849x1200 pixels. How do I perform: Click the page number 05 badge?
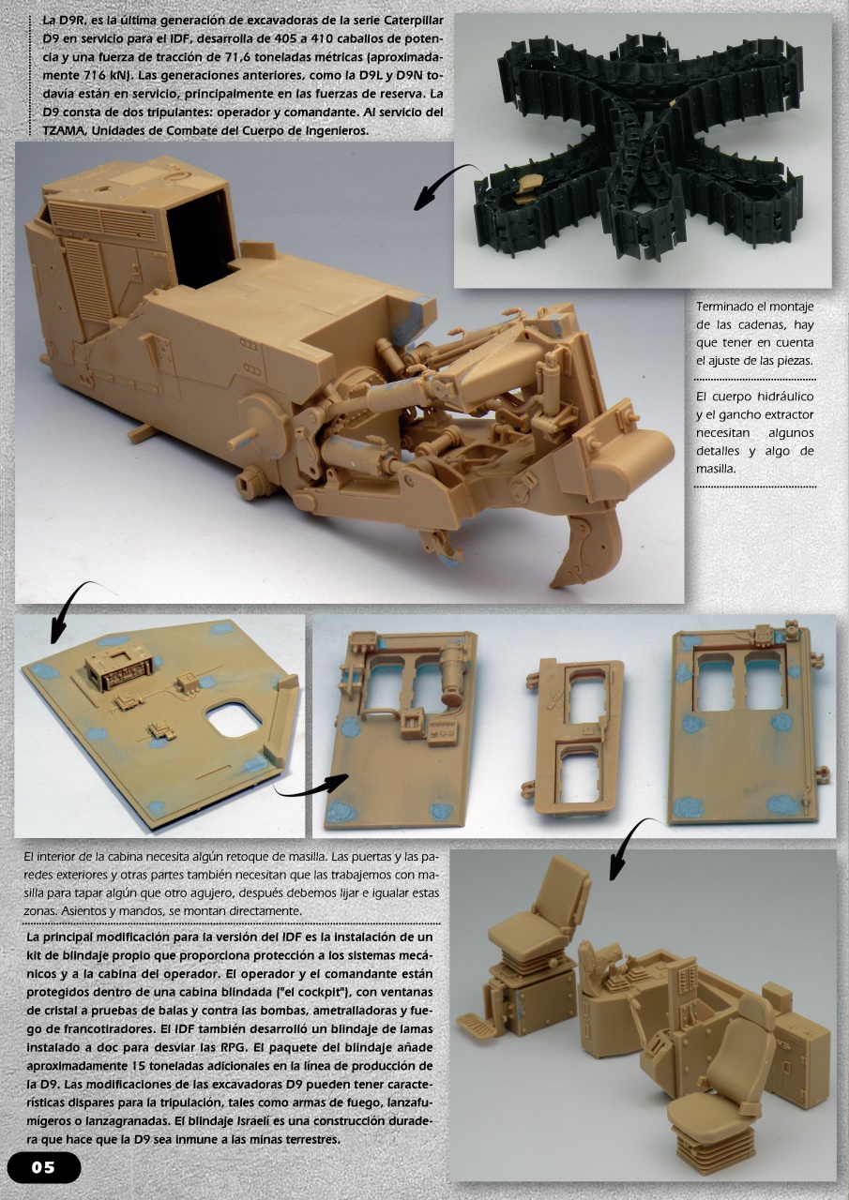(44, 1167)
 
